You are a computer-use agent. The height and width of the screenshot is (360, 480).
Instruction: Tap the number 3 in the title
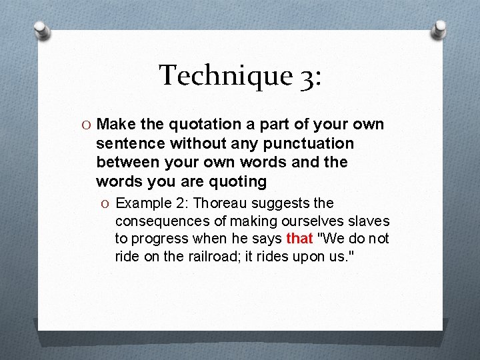click(x=307, y=75)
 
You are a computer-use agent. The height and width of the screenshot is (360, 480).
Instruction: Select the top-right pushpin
click(x=439, y=29)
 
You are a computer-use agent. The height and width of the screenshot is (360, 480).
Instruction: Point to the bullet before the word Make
click(x=87, y=125)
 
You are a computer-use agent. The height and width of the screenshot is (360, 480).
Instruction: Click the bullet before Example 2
click(x=106, y=203)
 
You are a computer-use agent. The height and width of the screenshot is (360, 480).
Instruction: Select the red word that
click(x=299, y=239)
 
